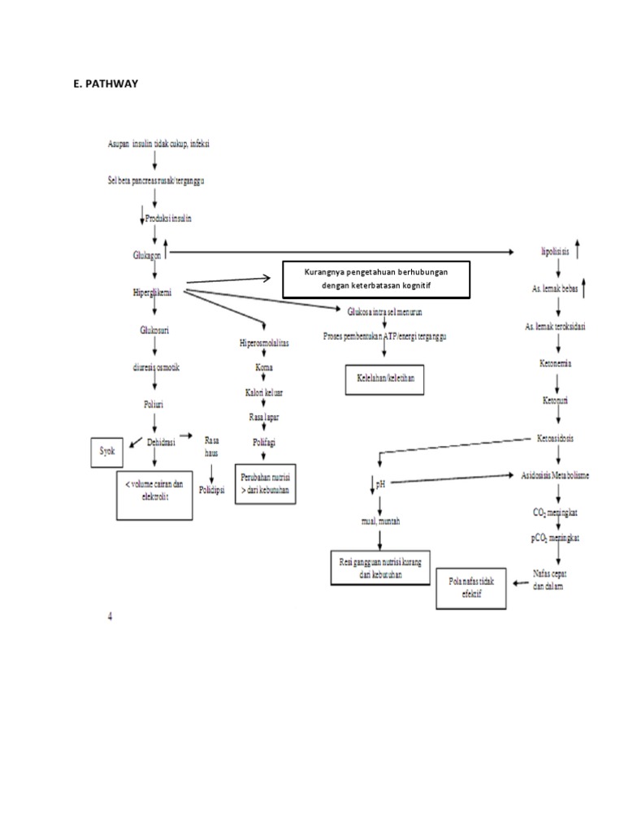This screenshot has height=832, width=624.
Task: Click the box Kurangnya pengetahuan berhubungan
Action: [375, 279]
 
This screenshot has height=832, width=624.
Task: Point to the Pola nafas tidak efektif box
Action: [471, 587]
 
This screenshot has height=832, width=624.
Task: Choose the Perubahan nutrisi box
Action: [263, 484]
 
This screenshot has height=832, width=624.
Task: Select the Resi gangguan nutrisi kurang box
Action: [380, 565]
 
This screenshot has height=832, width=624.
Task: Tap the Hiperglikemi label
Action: [155, 290]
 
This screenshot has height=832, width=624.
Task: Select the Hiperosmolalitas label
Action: [264, 344]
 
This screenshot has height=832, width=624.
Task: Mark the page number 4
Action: [110, 615]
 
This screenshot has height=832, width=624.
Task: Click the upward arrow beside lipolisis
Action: [576, 249]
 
